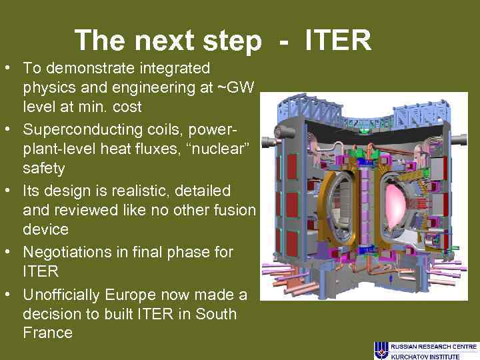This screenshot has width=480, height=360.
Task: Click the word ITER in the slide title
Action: [338, 41]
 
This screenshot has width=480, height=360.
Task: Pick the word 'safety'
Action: [44, 168]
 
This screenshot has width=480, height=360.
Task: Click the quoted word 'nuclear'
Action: [222, 149]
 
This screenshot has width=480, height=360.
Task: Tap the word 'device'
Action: [45, 229]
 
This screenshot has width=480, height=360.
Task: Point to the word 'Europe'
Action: [135, 295]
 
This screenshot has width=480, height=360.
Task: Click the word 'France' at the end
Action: [47, 333]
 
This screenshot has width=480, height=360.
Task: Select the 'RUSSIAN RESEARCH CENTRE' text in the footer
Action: [433, 347]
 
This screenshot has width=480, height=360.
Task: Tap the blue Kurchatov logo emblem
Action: [381, 350]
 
